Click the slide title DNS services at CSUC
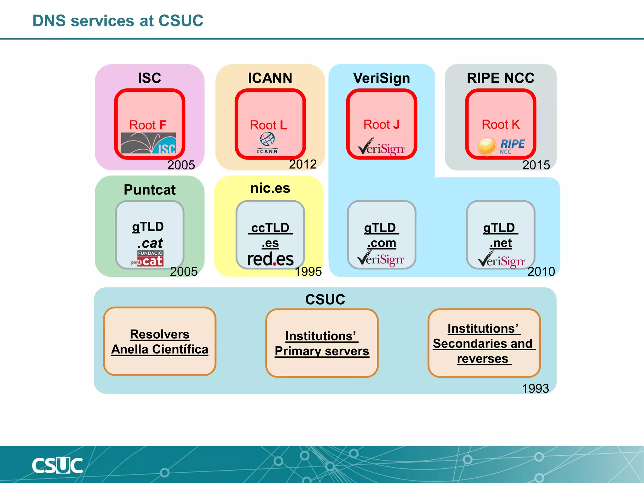[x=118, y=21]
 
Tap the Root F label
[x=147, y=125]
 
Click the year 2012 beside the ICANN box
[x=303, y=164]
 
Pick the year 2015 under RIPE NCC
[x=536, y=165]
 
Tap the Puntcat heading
[x=150, y=190]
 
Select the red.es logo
[x=270, y=259]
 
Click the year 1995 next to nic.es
[x=308, y=271]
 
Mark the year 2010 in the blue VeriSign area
[x=541, y=271]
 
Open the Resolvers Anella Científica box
[x=160, y=341]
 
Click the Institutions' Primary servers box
[x=322, y=343]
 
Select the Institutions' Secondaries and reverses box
[x=484, y=343]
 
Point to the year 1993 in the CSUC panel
[x=535, y=388]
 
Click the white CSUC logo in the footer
[x=57, y=466]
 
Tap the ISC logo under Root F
[x=148, y=143]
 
